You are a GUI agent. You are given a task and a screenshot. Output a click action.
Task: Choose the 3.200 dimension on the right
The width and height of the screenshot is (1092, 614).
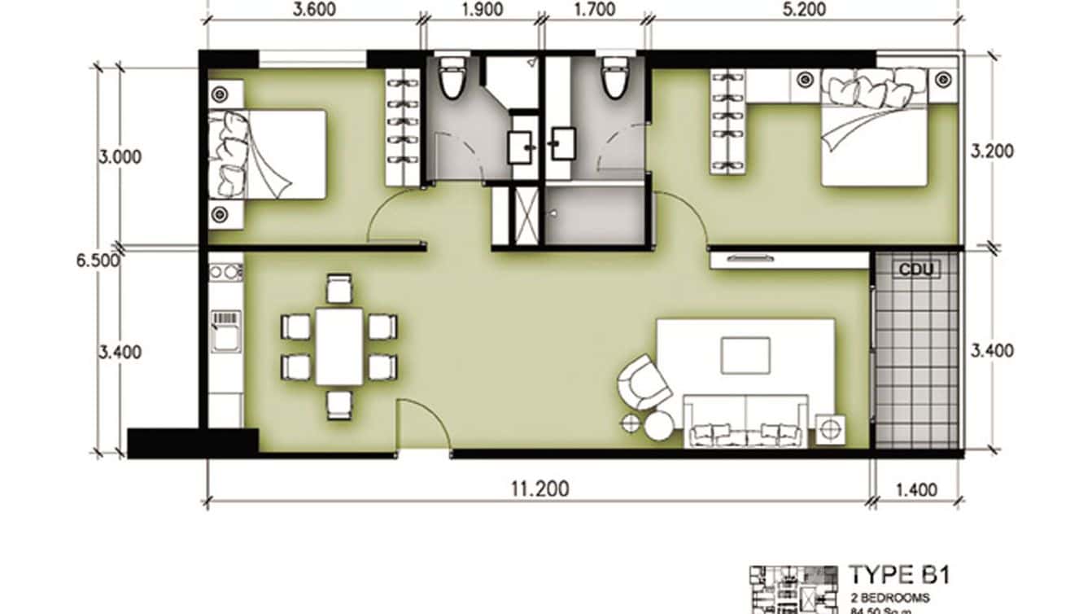(x=992, y=151)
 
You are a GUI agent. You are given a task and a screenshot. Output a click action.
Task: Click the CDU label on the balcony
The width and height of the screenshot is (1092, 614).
(x=916, y=269)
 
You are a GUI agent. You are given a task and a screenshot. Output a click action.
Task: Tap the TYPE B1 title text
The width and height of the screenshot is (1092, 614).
(x=898, y=575)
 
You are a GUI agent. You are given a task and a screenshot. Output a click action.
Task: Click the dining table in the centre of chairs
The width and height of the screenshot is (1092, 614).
(x=339, y=345)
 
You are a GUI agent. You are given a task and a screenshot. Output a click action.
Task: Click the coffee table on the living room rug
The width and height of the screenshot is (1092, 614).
(x=745, y=356)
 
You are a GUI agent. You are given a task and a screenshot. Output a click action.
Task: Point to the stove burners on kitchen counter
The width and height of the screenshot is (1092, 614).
(x=225, y=272)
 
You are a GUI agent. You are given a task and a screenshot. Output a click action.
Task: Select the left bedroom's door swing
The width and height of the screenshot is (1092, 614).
(x=394, y=216)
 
